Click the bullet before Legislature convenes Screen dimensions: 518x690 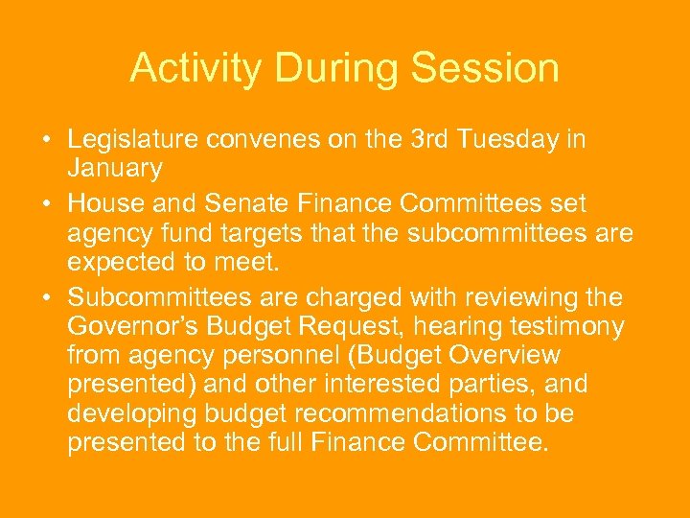pyautogui.click(x=46, y=140)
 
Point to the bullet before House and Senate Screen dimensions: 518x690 pyautogui.click(x=46, y=203)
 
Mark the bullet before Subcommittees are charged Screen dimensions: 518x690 pyautogui.click(x=46, y=297)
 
